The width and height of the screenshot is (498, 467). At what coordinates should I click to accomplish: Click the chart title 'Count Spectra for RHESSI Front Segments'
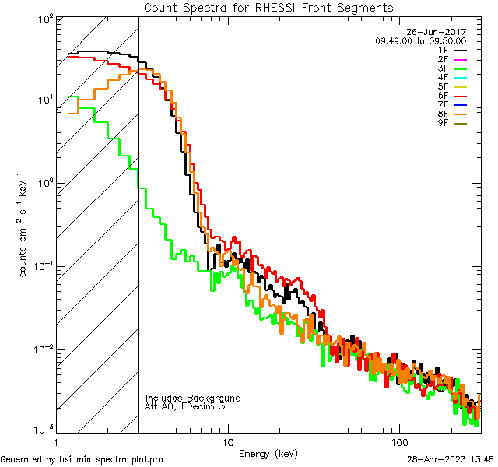268,7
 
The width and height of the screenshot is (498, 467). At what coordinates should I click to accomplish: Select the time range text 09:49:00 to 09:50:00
420,40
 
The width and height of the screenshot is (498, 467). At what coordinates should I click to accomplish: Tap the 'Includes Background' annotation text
193,398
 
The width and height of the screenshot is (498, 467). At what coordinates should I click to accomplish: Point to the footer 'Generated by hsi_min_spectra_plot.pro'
82,459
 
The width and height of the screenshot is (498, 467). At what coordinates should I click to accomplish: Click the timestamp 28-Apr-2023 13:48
450,459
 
